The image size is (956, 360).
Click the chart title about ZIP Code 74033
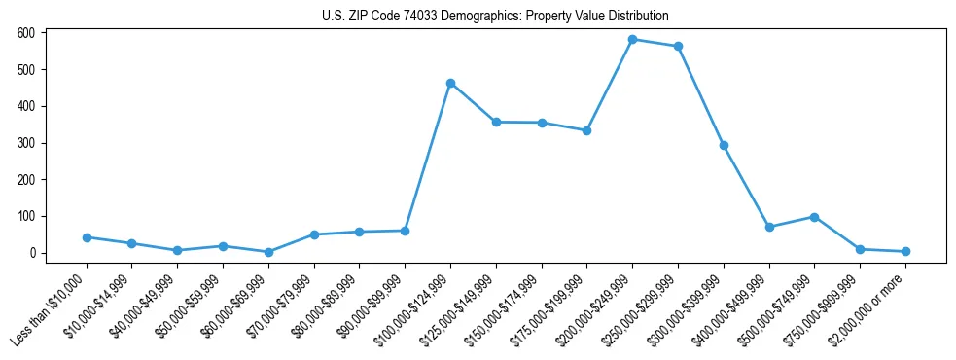(x=495, y=17)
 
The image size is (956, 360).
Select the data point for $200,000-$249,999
(x=632, y=40)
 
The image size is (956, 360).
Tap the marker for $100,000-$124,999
(x=450, y=84)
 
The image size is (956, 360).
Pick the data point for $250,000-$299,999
(x=678, y=47)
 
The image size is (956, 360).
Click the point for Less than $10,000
(x=87, y=237)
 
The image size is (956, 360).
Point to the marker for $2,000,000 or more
(x=905, y=251)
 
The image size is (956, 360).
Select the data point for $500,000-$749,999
(x=814, y=217)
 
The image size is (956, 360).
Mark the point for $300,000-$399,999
(x=724, y=146)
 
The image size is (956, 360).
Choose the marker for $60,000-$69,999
(x=268, y=252)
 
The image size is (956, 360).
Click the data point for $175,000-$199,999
(x=586, y=130)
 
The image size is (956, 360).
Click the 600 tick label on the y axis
(x=28, y=33)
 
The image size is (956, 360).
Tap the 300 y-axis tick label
(x=28, y=143)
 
